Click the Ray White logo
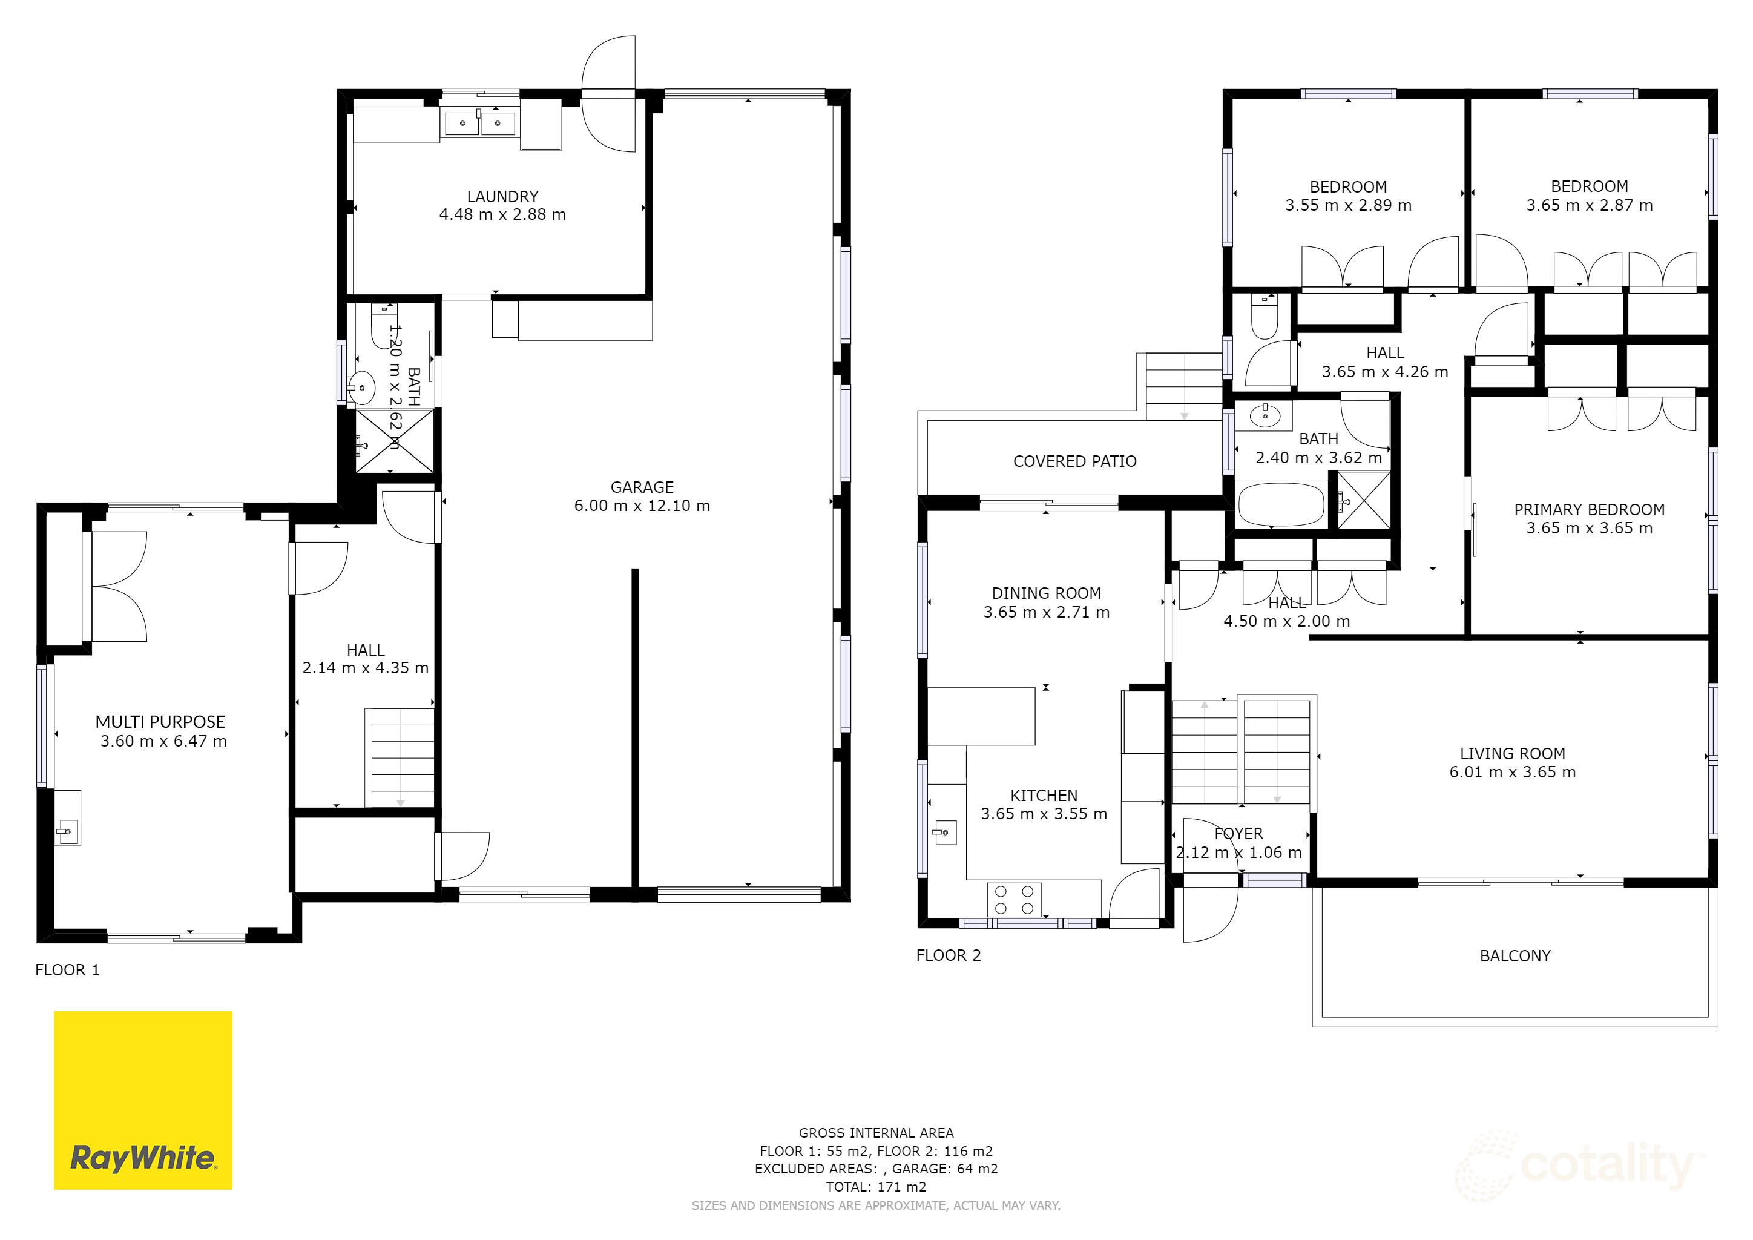[x=143, y=1100]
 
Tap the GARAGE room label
[x=642, y=487]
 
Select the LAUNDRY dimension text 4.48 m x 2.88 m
[x=502, y=214]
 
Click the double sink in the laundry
[x=479, y=123]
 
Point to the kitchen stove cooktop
[x=1015, y=900]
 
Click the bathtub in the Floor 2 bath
[x=1280, y=504]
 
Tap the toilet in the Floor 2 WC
[x=1263, y=320]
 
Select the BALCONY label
[x=1515, y=956]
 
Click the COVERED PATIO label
[x=1074, y=461]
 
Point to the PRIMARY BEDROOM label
[x=1589, y=509]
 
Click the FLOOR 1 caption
[x=67, y=970]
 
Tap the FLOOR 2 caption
[x=949, y=955]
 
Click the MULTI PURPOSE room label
[x=160, y=722]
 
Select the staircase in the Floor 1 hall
[x=400, y=757]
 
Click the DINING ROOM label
[x=1046, y=593]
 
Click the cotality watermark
[x=1580, y=1165]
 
